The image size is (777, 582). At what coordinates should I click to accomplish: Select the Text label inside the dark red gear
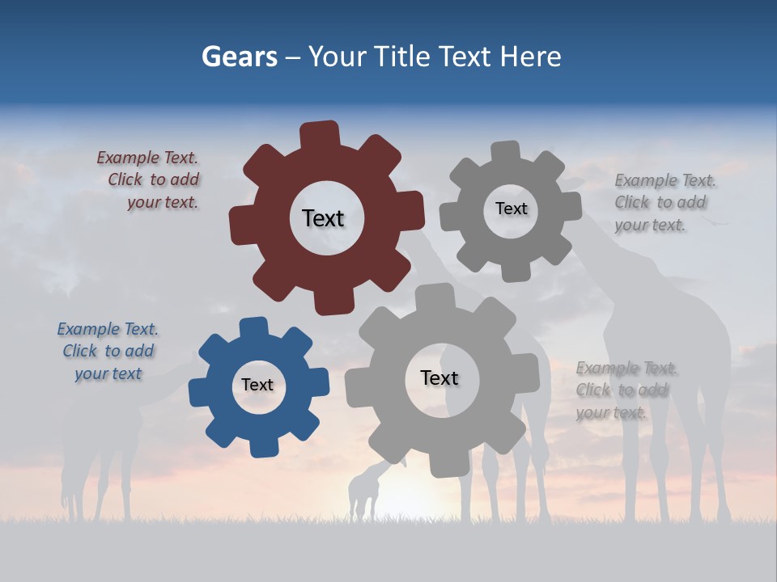(323, 218)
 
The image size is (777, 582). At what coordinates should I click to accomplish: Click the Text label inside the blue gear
(257, 385)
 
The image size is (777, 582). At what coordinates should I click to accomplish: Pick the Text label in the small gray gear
(511, 209)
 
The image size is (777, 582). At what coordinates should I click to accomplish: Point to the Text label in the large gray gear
(439, 377)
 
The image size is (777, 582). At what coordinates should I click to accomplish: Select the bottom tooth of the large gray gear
(444, 464)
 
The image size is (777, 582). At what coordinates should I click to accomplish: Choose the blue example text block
(108, 352)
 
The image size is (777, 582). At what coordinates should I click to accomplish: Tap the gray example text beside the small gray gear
(664, 203)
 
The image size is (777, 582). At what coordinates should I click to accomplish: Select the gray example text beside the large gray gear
(626, 390)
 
